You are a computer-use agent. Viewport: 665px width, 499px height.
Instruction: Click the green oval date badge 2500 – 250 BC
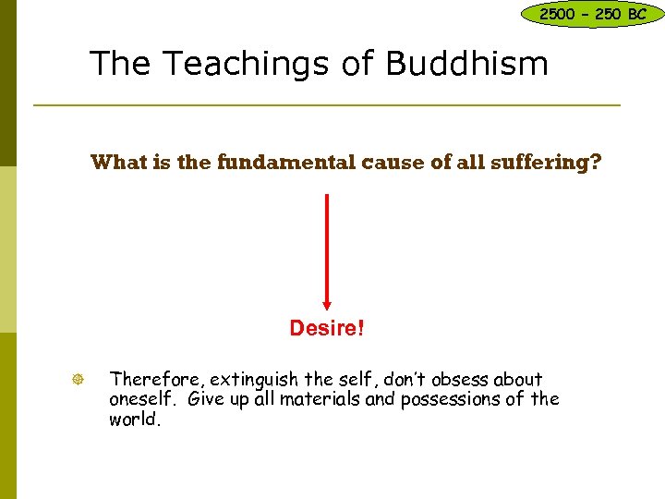tap(592, 14)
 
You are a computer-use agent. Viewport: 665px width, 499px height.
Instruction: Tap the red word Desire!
tap(326, 328)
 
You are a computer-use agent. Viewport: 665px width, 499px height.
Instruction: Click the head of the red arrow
tap(326, 303)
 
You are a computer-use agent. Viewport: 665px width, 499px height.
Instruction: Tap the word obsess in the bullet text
tap(453, 379)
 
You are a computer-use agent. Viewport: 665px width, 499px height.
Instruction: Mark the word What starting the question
tap(117, 164)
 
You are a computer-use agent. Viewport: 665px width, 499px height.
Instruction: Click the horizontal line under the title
tap(326, 105)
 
